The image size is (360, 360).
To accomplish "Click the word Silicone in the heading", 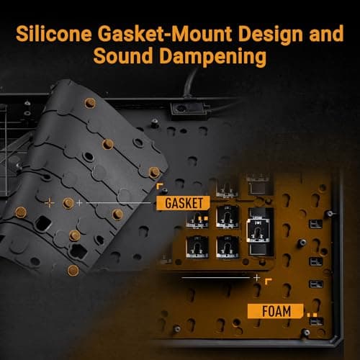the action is (54, 34).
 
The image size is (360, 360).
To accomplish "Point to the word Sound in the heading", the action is (123, 56).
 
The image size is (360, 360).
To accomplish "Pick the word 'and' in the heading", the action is (326, 35).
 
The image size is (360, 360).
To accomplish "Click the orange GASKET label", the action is (184, 203).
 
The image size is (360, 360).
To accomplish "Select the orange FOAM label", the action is (276, 311).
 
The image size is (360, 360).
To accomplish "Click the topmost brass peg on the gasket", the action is (90, 103).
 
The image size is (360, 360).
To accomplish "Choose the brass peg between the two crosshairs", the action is (68, 203).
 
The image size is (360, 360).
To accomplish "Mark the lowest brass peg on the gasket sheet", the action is (73, 271).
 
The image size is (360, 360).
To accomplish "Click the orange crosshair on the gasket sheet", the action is (50, 202).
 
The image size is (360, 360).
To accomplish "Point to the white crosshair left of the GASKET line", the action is (79, 203).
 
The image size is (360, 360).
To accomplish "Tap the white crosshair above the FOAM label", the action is (257, 278).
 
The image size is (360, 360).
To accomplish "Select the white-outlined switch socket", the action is (258, 230).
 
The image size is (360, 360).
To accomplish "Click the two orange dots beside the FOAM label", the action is (312, 315).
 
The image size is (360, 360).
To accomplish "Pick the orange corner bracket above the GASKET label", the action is (160, 186).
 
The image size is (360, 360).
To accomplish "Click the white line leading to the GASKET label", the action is (119, 203).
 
